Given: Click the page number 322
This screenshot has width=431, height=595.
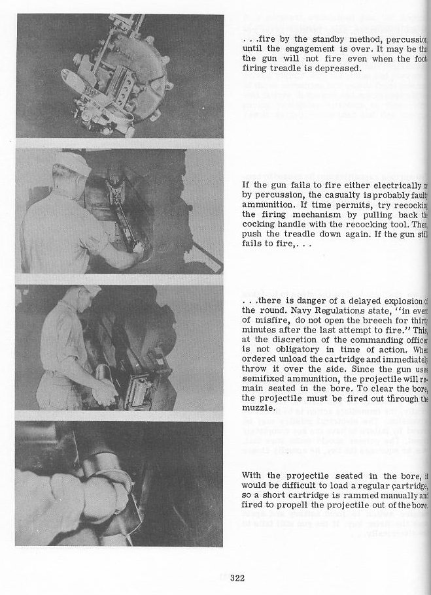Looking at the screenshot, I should (236, 576).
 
